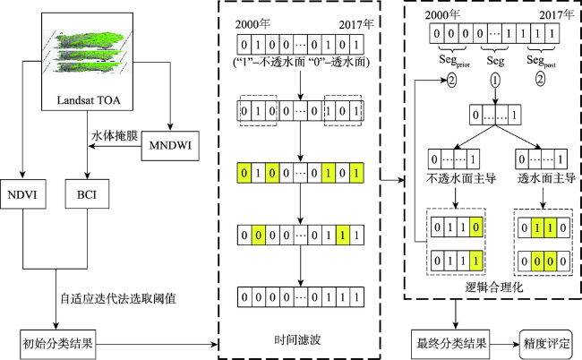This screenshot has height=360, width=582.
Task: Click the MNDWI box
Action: tap(170, 146)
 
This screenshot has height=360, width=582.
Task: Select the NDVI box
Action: tap(23, 194)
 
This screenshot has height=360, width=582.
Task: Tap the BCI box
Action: tap(87, 194)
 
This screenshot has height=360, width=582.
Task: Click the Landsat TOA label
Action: tap(89, 100)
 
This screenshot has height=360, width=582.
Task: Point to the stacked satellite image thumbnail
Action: tap(87, 52)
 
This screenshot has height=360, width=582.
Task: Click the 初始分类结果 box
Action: tap(57, 344)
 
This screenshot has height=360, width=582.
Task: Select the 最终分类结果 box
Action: tap(450, 344)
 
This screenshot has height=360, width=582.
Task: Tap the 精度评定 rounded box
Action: tap(546, 344)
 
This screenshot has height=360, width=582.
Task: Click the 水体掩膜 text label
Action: tap(115, 136)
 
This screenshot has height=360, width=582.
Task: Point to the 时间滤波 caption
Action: tap(297, 339)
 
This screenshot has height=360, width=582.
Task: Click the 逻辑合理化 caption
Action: tap(494, 287)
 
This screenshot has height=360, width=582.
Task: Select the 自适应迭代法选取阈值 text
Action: tap(118, 298)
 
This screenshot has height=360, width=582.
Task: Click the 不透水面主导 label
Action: tap(461, 178)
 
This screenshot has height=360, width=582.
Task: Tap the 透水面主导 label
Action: tap(546, 178)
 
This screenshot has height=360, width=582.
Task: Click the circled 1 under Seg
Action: tap(495, 81)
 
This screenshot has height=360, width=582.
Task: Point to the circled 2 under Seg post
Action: tap(541, 79)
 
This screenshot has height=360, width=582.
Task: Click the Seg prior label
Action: tap(454, 61)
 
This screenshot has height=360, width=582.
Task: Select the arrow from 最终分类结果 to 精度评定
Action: tap(504, 344)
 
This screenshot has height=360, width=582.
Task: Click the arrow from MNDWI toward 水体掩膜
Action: tap(116, 146)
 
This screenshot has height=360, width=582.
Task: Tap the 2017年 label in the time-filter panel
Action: tap(356, 24)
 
